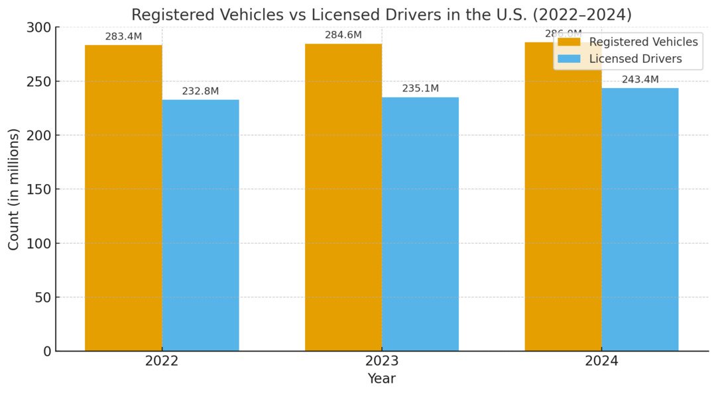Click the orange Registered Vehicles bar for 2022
(x=123, y=199)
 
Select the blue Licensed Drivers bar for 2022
(x=200, y=225)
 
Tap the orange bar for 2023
(x=343, y=199)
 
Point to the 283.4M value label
(x=123, y=37)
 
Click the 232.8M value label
(x=200, y=91)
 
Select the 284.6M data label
(x=343, y=35)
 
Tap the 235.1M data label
(x=420, y=89)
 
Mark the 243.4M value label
(x=640, y=80)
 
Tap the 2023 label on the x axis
(x=381, y=362)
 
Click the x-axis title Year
(x=381, y=379)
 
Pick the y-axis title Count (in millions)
(x=14, y=189)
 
